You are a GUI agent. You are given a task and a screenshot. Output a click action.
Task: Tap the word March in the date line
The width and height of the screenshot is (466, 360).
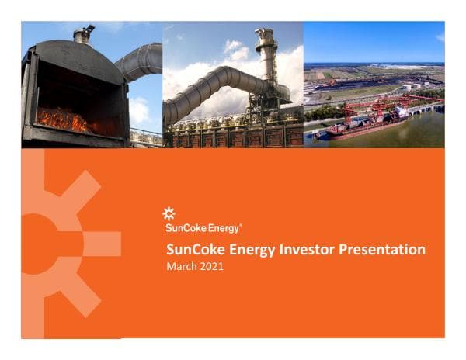coord(183,266)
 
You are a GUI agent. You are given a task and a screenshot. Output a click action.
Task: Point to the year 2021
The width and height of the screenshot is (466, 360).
coord(211,266)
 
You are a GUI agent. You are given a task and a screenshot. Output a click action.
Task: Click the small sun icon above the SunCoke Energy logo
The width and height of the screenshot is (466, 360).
coord(169,213)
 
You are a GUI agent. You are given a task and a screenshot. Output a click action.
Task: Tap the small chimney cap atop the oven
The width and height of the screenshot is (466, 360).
coord(82,33)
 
